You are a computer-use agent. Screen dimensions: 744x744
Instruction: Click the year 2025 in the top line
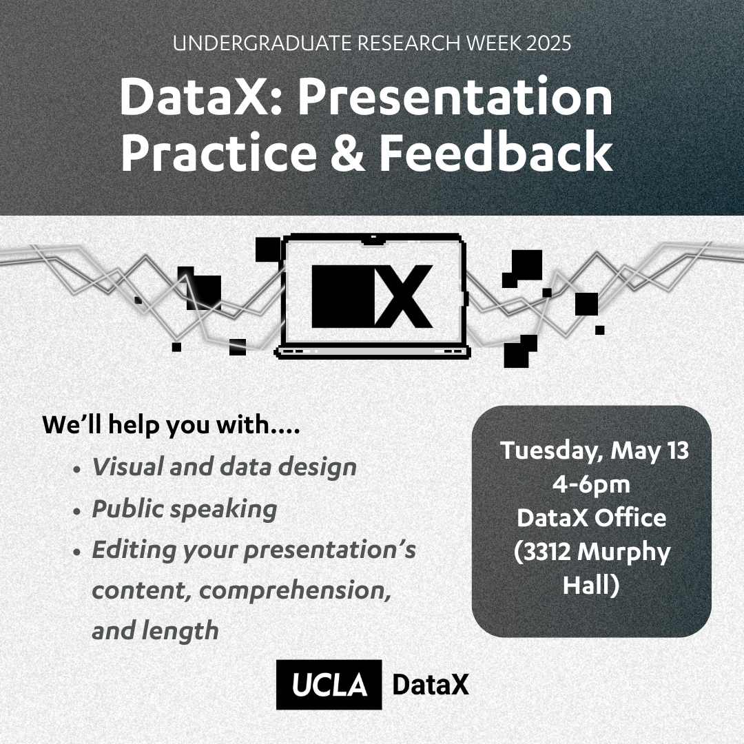(x=548, y=43)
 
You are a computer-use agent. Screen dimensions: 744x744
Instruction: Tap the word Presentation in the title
(x=455, y=96)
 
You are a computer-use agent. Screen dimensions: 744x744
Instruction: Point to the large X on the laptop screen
(x=404, y=296)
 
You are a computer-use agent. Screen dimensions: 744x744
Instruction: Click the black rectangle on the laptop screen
(x=343, y=296)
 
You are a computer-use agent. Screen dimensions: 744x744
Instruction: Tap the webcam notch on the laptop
(x=373, y=240)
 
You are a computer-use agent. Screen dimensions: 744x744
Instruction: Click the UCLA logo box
(x=329, y=684)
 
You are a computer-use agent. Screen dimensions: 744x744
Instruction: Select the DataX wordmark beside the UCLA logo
(x=431, y=685)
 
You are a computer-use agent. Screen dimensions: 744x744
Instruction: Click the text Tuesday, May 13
(x=594, y=451)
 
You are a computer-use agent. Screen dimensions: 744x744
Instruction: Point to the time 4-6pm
(x=591, y=484)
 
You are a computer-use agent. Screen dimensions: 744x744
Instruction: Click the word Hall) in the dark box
(x=591, y=585)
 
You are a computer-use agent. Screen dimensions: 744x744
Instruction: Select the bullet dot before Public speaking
(x=77, y=512)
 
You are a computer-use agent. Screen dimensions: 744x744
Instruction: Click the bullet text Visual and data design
(x=224, y=467)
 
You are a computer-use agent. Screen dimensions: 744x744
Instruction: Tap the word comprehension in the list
(x=295, y=591)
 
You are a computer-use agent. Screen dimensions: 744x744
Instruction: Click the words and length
(x=155, y=632)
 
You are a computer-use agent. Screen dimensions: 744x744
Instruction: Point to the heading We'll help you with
(x=172, y=424)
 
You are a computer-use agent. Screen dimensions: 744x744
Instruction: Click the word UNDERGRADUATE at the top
(x=262, y=43)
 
